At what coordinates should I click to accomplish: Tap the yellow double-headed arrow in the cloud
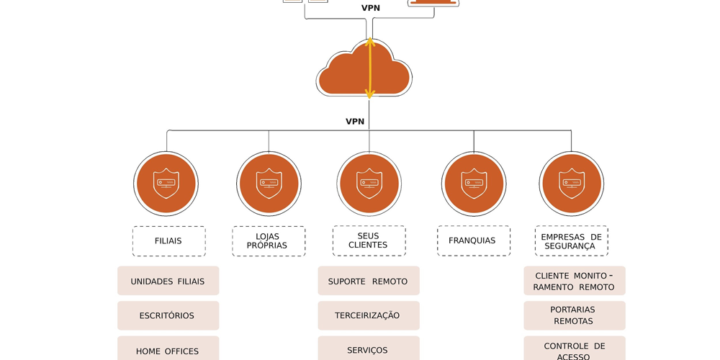pos(369,68)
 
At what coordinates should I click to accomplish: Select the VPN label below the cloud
pos(355,122)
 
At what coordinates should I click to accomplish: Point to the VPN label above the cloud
pos(371,8)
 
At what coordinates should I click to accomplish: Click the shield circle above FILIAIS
pos(166,184)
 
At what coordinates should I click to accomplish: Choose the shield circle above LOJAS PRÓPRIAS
pos(269,184)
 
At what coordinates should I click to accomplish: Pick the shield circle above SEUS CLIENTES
pos(369,184)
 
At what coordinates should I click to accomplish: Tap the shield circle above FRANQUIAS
pos(474,184)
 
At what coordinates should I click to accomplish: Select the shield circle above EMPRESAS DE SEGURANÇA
pos(571,184)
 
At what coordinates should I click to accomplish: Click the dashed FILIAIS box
pos(168,241)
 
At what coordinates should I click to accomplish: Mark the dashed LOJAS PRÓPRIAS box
pos(269,241)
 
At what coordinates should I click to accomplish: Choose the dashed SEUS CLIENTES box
pos(369,240)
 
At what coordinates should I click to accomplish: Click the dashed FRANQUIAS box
pos(473,240)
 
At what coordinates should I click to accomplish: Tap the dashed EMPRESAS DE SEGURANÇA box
pos(571,240)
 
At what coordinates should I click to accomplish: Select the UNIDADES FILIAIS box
pos(168,281)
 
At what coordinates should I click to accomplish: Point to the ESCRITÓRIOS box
pos(168,315)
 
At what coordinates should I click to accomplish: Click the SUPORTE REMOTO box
pos(368,281)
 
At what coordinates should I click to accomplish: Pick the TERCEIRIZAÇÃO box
pos(368,315)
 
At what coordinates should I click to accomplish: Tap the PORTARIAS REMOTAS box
pos(574,315)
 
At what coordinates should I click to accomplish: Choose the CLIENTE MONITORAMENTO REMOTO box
pos(574,281)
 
